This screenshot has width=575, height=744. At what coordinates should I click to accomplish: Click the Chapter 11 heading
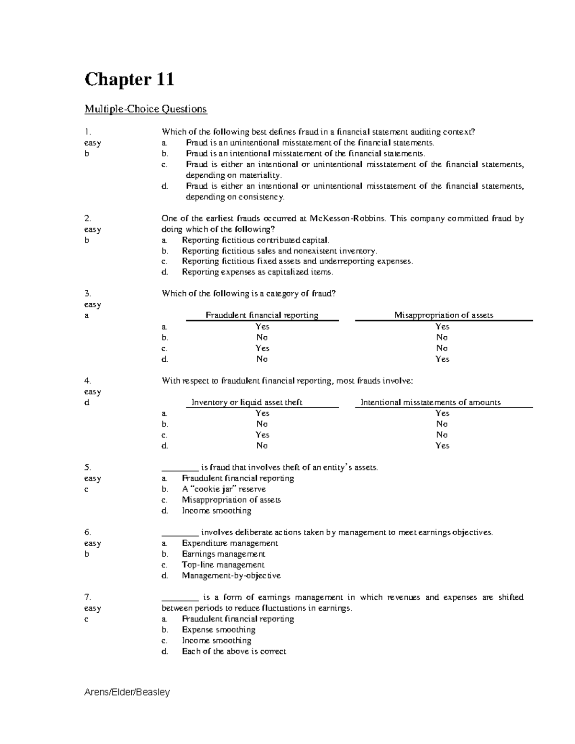(x=129, y=80)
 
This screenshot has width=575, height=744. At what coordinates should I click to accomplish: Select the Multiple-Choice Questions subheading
(x=146, y=109)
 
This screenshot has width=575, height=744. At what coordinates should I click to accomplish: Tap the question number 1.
(x=87, y=132)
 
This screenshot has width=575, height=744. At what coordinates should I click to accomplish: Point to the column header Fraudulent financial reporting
(x=262, y=315)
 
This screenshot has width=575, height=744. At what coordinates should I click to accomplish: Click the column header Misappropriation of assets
(x=443, y=315)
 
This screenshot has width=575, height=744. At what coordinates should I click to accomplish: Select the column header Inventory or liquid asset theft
(x=247, y=402)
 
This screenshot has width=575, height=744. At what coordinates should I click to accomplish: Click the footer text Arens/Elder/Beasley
(x=127, y=692)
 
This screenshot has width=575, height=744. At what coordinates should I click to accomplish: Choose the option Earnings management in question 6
(x=223, y=554)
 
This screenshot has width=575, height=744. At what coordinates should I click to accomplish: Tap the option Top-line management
(x=223, y=565)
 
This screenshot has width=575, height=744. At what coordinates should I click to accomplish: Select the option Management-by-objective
(x=231, y=576)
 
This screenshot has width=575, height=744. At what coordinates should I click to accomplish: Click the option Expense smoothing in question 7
(x=218, y=630)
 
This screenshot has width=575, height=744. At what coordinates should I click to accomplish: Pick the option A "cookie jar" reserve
(x=224, y=489)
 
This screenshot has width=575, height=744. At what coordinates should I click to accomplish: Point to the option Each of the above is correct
(x=234, y=652)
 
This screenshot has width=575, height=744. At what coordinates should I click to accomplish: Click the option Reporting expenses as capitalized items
(x=257, y=272)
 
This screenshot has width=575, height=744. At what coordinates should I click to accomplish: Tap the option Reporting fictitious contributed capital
(x=255, y=240)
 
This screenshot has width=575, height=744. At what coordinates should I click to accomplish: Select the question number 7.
(x=87, y=597)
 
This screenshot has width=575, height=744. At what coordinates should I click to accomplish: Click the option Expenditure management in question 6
(x=230, y=543)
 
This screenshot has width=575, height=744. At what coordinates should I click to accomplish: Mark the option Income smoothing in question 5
(x=216, y=511)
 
